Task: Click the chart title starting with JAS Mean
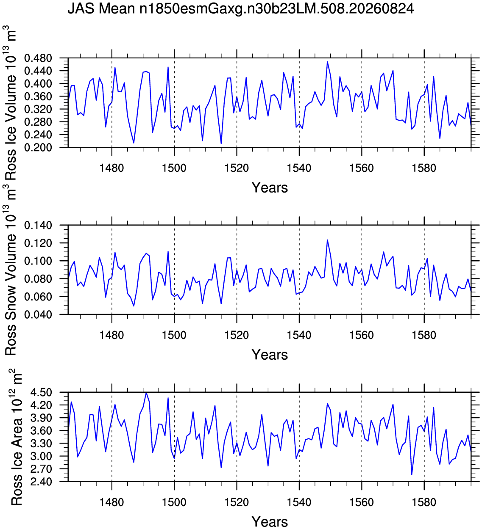[x=241, y=9]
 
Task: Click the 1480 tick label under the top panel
[x=111, y=168]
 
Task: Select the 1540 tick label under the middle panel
[x=299, y=335]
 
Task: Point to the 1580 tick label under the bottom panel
[x=424, y=502]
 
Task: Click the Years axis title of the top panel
[x=270, y=188]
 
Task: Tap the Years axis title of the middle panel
[x=270, y=355]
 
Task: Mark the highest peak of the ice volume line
[x=327, y=62]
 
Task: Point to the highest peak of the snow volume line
[x=327, y=240]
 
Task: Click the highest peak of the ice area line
[x=146, y=393]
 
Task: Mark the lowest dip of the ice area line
[x=412, y=474]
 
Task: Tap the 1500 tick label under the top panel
[x=174, y=168]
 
